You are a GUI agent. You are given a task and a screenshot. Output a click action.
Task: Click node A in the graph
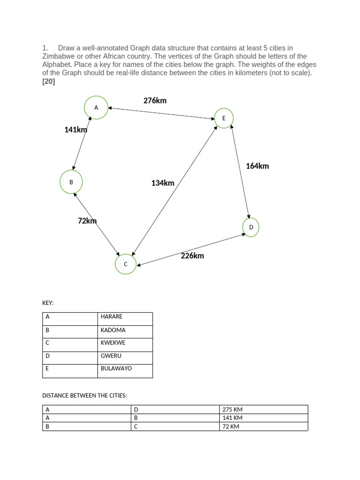96,107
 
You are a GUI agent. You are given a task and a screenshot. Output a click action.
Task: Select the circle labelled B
71,182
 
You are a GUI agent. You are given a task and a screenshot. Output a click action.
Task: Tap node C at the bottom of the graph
126,264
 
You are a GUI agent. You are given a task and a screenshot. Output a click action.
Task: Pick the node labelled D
251,227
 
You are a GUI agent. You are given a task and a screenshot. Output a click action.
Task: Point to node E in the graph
224,118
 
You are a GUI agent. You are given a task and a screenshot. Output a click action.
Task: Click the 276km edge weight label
155,100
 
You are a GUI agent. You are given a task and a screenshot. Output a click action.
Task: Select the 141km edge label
76,130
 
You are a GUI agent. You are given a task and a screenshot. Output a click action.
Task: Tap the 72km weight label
87,221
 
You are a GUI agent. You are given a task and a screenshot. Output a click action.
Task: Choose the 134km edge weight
163,183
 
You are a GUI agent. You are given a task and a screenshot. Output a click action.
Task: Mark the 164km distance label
257,166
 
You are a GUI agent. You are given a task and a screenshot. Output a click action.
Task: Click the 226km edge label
192,255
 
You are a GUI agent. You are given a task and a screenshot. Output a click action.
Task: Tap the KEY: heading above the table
48,303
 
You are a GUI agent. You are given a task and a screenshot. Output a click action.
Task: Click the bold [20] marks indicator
49,82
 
